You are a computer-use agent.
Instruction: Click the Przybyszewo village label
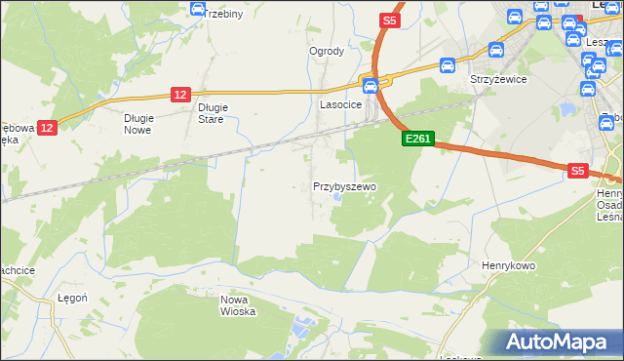(344, 185)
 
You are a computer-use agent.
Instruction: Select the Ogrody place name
(327, 51)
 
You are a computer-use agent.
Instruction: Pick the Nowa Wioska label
(238, 305)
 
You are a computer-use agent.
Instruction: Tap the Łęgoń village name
(73, 297)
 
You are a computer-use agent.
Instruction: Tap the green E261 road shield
(417, 140)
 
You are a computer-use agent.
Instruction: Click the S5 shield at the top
(389, 20)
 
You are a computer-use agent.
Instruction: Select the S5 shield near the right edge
(577, 171)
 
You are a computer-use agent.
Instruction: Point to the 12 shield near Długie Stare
(179, 94)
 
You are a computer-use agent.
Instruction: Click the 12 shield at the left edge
(49, 127)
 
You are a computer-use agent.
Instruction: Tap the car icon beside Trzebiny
(198, 9)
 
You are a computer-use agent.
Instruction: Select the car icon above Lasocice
(370, 85)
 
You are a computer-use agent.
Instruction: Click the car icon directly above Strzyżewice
(494, 50)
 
